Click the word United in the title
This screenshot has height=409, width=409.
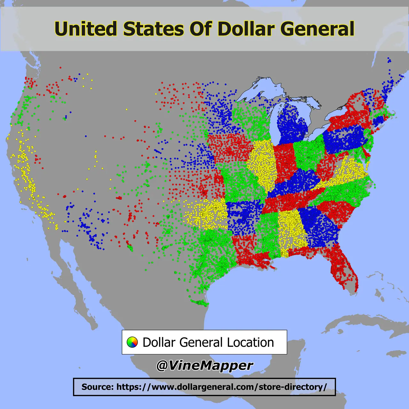86,29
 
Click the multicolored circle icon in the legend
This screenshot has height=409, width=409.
132,342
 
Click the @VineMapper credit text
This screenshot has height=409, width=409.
204,365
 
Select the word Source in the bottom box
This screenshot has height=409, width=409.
97,387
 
